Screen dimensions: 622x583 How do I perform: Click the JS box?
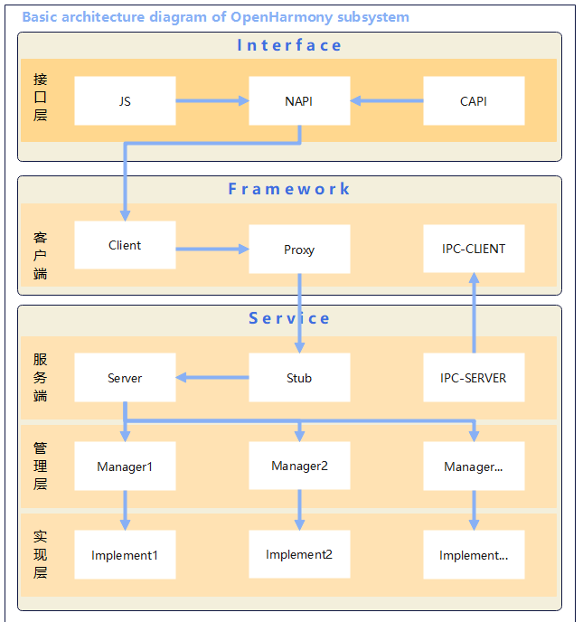coord(125,101)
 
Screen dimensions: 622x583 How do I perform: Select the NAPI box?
coord(299,101)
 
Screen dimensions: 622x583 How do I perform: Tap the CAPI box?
coord(474,101)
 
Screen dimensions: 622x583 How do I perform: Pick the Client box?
coord(125,245)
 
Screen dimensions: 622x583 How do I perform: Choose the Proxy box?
coord(299,250)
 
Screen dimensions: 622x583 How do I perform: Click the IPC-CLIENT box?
coord(474,249)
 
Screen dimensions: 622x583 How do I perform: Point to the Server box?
coord(125,378)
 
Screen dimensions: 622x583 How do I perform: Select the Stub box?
coord(299,378)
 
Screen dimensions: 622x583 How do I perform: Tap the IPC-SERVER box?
coord(474,378)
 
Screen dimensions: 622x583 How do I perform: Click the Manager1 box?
coord(125,466)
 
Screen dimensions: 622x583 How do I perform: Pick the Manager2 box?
coord(299,466)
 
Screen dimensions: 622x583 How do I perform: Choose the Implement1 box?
coord(125,555)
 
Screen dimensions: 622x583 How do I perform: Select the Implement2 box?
coord(299,554)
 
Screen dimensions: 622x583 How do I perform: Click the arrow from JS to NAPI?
coord(212,101)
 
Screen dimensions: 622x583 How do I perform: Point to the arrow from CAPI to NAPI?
coord(387,101)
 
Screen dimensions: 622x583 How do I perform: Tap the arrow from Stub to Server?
coord(212,378)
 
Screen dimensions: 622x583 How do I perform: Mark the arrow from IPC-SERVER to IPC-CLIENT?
coord(473,313)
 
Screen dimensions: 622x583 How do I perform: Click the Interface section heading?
coord(289,45)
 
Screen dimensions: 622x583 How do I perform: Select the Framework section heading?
coord(289,189)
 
